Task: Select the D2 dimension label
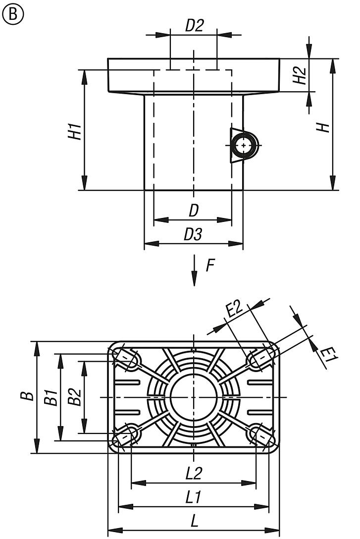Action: click(x=194, y=26)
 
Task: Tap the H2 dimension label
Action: click(x=300, y=75)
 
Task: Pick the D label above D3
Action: click(x=194, y=211)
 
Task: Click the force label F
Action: click(x=210, y=266)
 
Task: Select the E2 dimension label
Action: click(x=233, y=310)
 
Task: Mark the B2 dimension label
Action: click(x=75, y=397)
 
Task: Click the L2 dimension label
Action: click(x=194, y=474)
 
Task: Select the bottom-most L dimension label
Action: click(x=194, y=521)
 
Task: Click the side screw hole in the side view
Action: click(x=244, y=145)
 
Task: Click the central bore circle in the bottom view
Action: click(x=193, y=397)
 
